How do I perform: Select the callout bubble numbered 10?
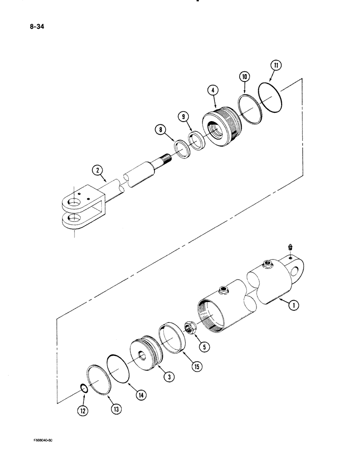[x=244, y=76]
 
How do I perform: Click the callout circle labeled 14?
[x=141, y=395]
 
